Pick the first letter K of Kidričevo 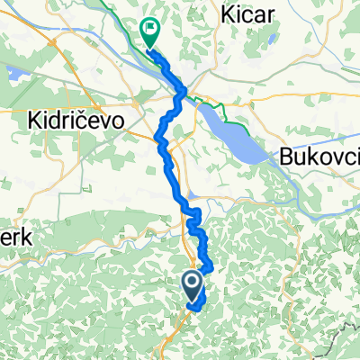[35, 120]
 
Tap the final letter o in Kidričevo [116, 121]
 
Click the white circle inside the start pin [193, 283]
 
